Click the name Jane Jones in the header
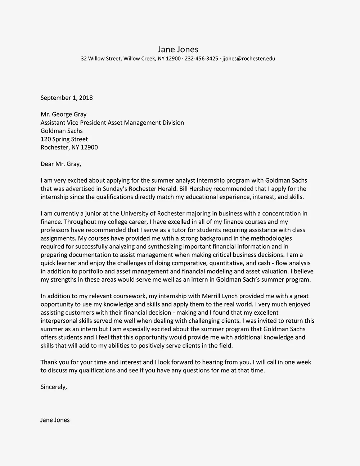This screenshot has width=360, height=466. point(178,49)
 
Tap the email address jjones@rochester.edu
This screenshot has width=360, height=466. point(249,58)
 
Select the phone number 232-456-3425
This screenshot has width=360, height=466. point(201,58)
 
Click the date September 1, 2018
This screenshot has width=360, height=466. point(67,98)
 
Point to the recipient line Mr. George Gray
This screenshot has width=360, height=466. point(63,115)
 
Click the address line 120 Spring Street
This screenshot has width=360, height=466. point(64,139)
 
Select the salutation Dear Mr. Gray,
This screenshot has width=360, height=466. point(61,164)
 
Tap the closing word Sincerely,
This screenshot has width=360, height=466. point(54,387)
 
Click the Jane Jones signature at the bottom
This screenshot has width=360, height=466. point(55,420)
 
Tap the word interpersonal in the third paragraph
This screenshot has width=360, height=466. point(59,321)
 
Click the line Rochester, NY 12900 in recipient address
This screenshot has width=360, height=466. point(69,147)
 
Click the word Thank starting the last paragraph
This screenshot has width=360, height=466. point(49,362)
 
